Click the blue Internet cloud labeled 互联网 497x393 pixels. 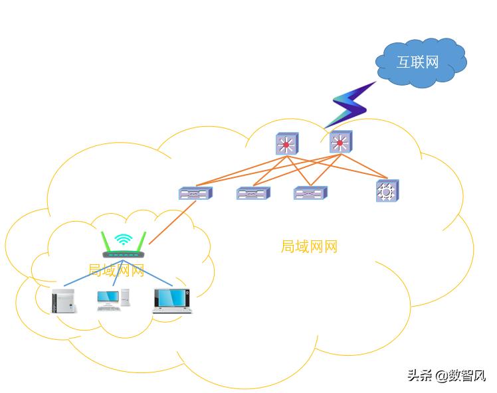click(420, 62)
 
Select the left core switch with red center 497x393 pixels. click(287, 144)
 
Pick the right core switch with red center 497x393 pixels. click(340, 143)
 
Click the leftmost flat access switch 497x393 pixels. click(195, 193)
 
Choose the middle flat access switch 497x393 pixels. click(252, 193)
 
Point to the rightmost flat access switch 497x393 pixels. click(310, 193)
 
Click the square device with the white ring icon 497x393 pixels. click(387, 191)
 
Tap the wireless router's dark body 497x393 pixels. click(124, 254)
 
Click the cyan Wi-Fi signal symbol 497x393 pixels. click(123, 240)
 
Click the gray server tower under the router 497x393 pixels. click(64, 300)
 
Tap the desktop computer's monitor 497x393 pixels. click(107, 297)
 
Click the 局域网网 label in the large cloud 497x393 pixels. click(309, 247)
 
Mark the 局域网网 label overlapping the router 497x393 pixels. click(116, 270)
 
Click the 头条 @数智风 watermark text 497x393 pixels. click(447, 376)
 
